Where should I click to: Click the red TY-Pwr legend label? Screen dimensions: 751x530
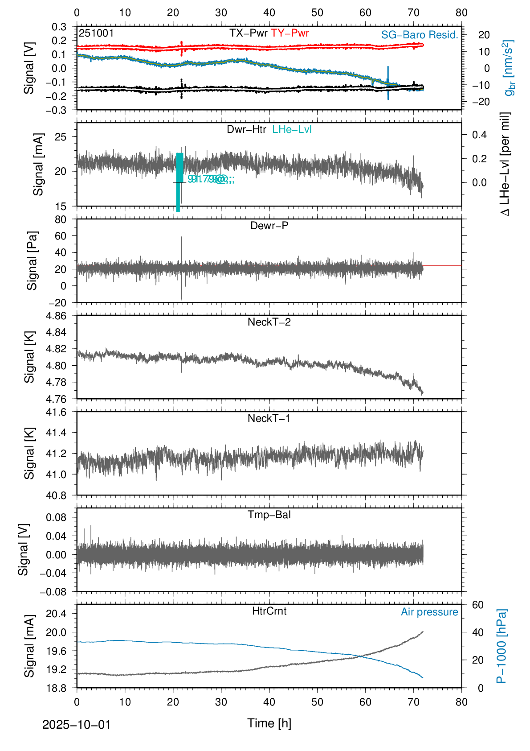coord(289,33)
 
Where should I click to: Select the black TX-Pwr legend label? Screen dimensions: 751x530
coord(248,33)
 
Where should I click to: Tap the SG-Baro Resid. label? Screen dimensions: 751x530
coord(420,35)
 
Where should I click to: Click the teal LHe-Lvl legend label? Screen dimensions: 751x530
coord(292,129)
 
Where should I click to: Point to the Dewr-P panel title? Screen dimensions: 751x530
coord(269,226)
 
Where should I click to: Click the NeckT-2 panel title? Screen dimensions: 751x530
coord(269,322)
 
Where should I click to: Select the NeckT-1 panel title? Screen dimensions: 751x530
coord(269,418)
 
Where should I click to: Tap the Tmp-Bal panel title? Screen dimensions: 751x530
coord(269,515)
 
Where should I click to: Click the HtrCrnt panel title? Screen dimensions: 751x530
coord(269,611)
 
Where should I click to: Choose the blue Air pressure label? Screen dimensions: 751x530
coord(429,612)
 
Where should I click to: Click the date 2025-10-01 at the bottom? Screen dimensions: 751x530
coord(76,725)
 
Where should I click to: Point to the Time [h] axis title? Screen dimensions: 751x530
coord(269,723)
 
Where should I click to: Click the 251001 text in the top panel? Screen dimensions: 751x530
coord(96,33)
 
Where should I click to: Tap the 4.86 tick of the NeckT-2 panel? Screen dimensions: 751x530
coord(56,316)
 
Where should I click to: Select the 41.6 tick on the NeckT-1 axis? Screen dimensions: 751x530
coord(56,412)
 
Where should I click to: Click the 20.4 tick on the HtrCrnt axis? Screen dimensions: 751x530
coord(56,614)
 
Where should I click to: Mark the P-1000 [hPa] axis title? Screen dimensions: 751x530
coord(501,646)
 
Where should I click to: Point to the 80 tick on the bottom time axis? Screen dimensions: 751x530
coord(461,702)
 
